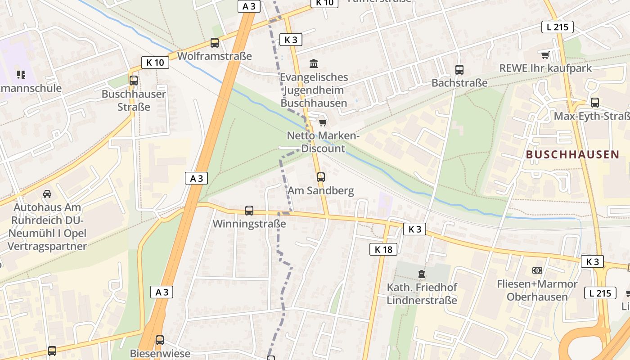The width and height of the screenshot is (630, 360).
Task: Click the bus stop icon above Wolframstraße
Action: pos(215,43)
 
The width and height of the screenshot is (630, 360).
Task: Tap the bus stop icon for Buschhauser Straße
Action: pos(134,81)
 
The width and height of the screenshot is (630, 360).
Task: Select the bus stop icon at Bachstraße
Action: pos(459,70)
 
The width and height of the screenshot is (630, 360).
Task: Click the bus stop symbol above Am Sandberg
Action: pos(321,177)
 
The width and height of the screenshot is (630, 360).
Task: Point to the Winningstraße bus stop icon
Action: pos(249,211)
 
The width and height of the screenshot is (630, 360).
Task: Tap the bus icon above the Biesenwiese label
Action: pos(160,340)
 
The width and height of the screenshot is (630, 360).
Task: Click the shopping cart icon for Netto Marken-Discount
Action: pos(323,122)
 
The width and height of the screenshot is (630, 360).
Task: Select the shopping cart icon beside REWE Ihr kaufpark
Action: pos(545,55)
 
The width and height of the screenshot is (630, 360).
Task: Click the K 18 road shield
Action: pos(383,249)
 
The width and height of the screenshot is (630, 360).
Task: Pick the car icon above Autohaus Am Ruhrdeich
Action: pos(47,194)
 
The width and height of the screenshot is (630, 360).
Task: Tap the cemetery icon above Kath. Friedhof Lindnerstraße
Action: pos(422,274)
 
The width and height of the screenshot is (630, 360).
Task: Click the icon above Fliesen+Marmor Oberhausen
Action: pos(537,270)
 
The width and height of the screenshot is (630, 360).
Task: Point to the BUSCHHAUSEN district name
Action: pos(572,155)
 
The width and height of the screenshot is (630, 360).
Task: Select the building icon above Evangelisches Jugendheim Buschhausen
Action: pos(314,64)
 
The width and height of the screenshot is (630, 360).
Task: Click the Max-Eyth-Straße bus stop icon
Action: pos(595,103)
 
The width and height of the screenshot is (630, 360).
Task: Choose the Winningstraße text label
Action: pos(249,224)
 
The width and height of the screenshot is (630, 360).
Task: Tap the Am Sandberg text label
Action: pos(321,190)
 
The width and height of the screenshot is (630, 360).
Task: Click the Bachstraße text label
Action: pos(459,83)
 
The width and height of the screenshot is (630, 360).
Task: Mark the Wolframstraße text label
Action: pos(215,56)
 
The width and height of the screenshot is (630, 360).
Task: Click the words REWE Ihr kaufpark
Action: pos(545,68)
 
